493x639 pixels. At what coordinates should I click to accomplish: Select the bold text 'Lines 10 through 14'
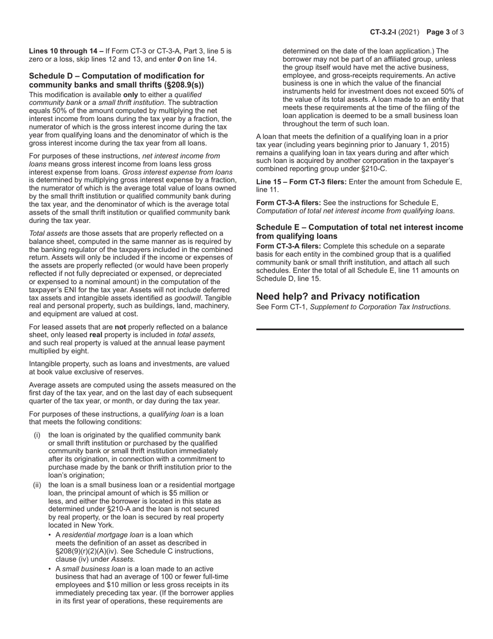(66, 51)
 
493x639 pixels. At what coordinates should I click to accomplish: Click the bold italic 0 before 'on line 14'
(179, 59)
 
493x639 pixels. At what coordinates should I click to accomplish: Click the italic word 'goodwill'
(188, 298)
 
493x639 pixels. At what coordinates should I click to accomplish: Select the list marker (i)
(37, 435)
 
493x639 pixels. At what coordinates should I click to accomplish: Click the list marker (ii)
(37, 485)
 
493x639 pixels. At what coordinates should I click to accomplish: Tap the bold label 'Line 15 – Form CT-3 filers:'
(302, 181)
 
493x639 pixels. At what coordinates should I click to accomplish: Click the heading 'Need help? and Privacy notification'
(338, 296)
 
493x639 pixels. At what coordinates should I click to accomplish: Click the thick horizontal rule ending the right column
(360, 329)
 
